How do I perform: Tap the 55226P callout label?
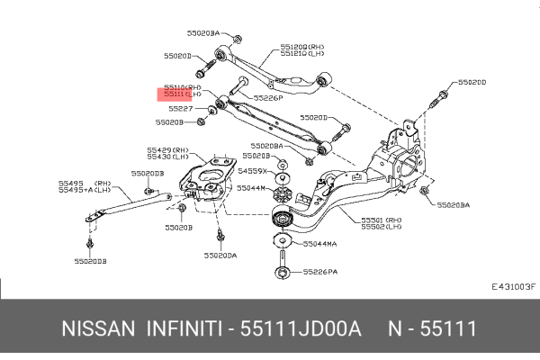pos(267,97)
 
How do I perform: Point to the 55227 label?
pos(180,108)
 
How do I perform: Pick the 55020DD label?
pos(471,82)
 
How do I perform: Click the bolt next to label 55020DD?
pos(441,94)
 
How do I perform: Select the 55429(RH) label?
pos(168,149)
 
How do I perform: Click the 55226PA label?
pos(319,271)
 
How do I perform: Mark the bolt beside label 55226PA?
pos(283,270)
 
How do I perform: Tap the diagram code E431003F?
pos(513,287)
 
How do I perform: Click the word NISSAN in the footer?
pos(96,329)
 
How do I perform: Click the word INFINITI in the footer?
pos(184,329)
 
